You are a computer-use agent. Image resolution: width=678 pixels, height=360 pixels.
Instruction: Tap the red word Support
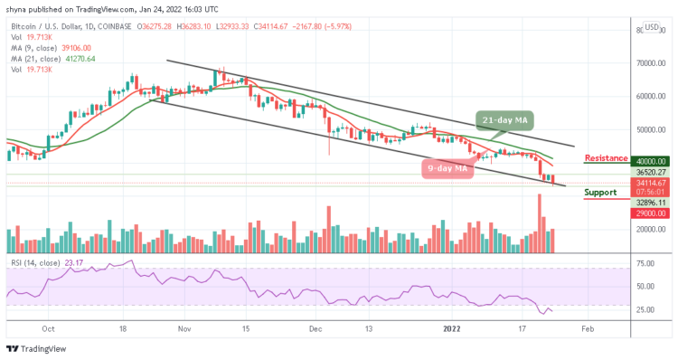[602, 193]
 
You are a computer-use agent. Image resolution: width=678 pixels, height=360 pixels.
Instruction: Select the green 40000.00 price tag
[600, 161]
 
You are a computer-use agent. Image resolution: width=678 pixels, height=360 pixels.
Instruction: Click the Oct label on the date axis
[49, 330]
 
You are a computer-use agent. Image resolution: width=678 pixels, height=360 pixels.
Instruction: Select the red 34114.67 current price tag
[600, 181]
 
